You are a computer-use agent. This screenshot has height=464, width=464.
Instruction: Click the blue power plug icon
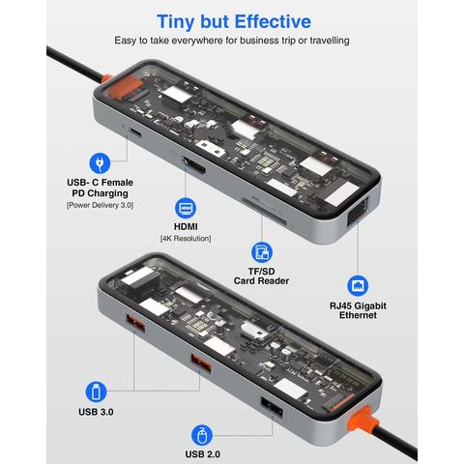point(98,163)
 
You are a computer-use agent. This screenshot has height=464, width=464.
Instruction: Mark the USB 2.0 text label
point(198,453)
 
